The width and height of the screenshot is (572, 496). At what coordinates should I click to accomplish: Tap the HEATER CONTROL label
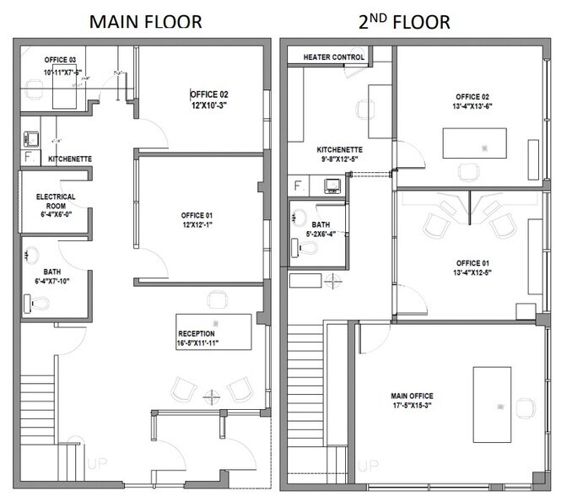(326, 57)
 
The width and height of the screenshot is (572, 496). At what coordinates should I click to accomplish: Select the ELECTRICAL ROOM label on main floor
(56, 201)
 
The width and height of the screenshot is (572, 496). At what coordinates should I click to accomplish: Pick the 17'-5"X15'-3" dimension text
(413, 406)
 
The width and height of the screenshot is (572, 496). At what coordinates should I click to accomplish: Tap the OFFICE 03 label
(59, 59)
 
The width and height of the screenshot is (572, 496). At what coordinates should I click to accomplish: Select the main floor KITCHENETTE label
(70, 159)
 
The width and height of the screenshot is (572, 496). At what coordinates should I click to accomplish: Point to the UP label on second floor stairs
(367, 464)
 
